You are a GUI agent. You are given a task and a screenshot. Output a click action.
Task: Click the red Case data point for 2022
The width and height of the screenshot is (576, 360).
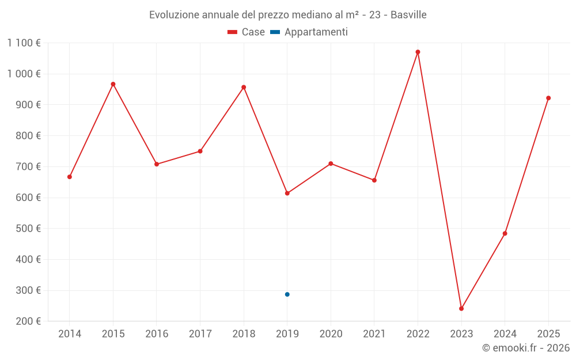point(418,52)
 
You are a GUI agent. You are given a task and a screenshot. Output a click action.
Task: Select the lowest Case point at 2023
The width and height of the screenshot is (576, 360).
point(461,309)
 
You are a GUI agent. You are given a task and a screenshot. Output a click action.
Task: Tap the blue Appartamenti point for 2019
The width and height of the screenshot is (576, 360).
point(287,294)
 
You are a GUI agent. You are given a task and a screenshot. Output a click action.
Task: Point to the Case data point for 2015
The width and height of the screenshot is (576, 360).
point(113,84)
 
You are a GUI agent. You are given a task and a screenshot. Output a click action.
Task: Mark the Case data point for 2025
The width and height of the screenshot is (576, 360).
point(548,98)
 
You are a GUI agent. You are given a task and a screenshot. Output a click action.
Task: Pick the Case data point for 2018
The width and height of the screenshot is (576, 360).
point(244,88)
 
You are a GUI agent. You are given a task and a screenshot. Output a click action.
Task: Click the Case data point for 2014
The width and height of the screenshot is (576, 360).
point(70,177)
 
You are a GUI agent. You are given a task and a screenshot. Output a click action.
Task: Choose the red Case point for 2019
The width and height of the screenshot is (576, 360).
point(287,193)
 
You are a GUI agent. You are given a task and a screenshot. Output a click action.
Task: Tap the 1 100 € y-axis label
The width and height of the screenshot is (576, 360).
point(24,43)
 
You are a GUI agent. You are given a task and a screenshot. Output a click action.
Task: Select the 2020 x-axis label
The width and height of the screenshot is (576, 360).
point(331,334)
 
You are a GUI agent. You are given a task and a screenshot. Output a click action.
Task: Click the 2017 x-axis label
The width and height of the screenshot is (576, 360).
point(200,334)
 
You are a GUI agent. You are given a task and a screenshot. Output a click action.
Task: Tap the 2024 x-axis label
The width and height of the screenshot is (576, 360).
point(505,334)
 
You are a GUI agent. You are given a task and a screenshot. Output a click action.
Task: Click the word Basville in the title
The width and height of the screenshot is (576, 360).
point(408,15)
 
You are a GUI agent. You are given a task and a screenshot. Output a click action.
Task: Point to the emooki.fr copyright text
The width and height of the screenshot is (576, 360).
point(526,348)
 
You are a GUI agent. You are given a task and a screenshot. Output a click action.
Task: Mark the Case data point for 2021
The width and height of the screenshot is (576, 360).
point(374,180)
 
